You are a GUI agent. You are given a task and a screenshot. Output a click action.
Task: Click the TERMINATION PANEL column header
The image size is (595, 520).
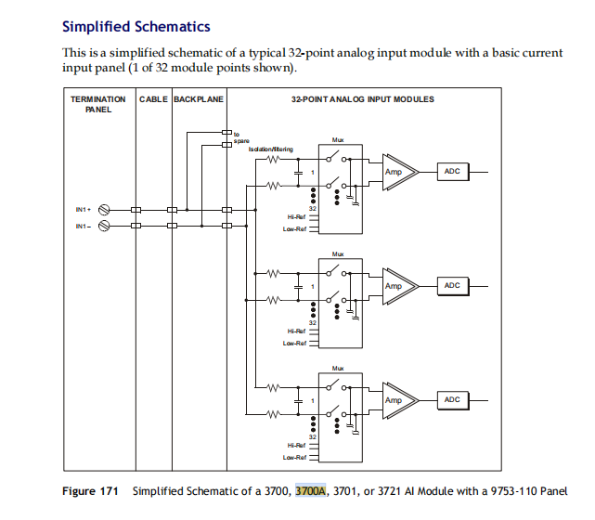pyautogui.click(x=98, y=103)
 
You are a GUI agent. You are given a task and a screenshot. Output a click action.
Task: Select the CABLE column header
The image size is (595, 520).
pyautogui.click(x=152, y=98)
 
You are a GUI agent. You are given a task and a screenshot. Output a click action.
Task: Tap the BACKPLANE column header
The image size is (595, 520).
pyautogui.click(x=198, y=98)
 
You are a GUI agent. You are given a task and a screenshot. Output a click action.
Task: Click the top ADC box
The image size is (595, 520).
pyautogui.click(x=452, y=172)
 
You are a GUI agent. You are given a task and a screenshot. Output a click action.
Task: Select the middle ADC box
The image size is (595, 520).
pyautogui.click(x=452, y=285)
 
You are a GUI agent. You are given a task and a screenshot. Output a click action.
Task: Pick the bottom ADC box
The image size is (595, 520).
pyautogui.click(x=452, y=399)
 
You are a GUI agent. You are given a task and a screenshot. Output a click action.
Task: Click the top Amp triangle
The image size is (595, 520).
pyautogui.click(x=396, y=172)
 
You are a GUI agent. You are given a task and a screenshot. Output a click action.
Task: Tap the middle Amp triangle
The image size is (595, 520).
pyautogui.click(x=396, y=286)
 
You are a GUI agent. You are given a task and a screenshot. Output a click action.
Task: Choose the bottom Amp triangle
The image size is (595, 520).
pyautogui.click(x=396, y=400)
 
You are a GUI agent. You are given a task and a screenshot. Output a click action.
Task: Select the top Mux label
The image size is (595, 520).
pyautogui.click(x=337, y=141)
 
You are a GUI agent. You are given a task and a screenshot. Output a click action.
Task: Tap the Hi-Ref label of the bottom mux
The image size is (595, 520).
pyautogui.click(x=296, y=445)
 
